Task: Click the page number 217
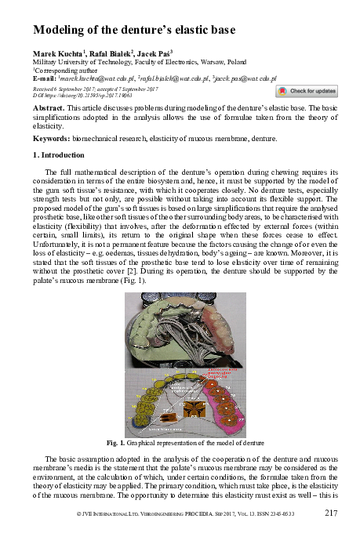pyautogui.click(x=330, y=513)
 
